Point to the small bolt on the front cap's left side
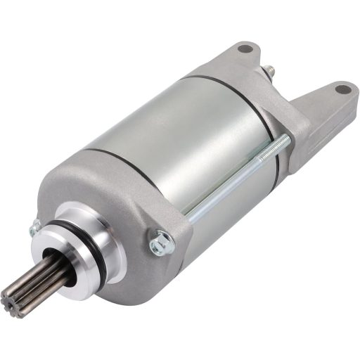pyautogui.click(x=34, y=227)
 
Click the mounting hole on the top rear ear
pyautogui.click(x=244, y=49)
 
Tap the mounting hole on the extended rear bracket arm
pyautogui.click(x=342, y=89)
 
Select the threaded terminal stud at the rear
pyautogui.click(x=269, y=71)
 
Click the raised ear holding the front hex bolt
pyautogui.click(x=172, y=232)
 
